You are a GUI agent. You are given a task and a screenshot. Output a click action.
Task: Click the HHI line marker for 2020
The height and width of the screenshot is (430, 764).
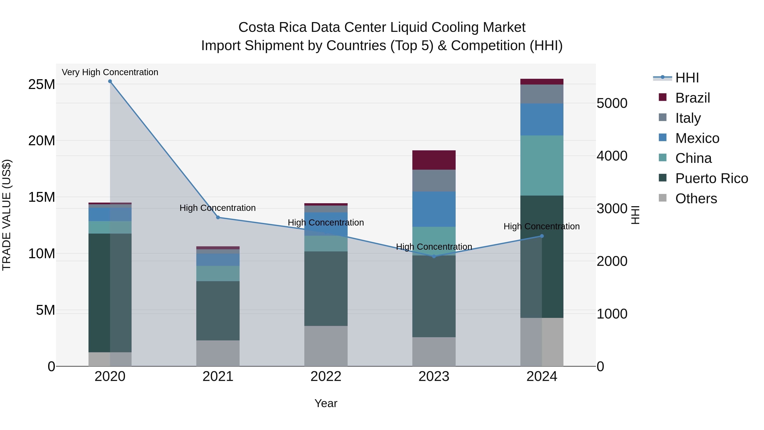(110, 81)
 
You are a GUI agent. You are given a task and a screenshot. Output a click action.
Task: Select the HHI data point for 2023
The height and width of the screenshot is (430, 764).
(434, 256)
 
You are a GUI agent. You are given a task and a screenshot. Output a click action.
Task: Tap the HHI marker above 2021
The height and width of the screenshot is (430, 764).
(218, 217)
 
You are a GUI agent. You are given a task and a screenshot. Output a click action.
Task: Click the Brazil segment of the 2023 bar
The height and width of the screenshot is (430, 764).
(434, 160)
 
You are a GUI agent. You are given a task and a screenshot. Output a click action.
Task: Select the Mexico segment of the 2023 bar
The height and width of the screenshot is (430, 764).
(434, 209)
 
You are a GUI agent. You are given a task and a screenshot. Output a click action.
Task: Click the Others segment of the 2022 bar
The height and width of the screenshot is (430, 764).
(326, 346)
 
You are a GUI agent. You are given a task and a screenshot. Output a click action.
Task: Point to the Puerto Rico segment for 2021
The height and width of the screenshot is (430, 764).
(218, 310)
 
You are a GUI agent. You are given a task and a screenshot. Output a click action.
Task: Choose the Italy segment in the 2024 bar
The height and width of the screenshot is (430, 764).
(542, 94)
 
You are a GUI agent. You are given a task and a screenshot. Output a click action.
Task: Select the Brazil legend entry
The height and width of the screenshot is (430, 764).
(692, 98)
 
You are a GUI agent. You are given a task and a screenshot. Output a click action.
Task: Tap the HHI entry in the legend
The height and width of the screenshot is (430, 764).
(687, 78)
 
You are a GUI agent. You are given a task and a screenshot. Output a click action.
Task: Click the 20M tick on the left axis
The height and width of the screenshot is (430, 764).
(42, 141)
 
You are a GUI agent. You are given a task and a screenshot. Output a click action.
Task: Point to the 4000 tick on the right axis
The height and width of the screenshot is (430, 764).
(612, 156)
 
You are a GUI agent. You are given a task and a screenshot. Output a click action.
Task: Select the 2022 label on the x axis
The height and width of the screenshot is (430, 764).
(326, 376)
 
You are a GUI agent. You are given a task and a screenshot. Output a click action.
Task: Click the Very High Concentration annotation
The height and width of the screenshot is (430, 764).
(110, 72)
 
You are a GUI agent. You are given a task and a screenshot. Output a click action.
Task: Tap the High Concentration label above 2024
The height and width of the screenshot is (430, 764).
(542, 226)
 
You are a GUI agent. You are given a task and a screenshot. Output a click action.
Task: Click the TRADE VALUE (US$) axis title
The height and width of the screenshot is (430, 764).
(7, 215)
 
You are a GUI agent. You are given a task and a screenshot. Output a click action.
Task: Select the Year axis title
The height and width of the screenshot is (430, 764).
(326, 403)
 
